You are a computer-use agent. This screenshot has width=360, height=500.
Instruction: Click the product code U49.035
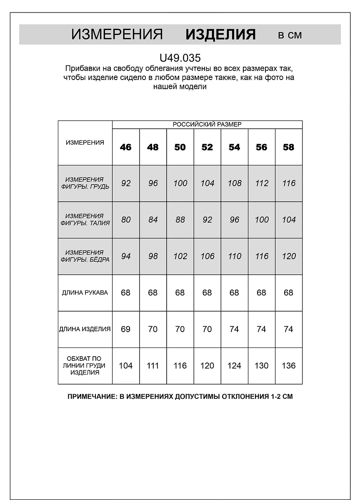coord(180,57)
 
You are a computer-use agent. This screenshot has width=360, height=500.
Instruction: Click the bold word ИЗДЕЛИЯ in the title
coord(220,35)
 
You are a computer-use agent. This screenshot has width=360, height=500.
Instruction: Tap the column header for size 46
coord(126,147)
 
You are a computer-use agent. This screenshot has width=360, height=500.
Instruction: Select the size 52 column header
coord(207,147)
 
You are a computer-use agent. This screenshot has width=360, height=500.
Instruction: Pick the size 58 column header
coord(288,147)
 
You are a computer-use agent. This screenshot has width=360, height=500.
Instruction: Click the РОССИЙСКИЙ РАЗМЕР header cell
coord(207,124)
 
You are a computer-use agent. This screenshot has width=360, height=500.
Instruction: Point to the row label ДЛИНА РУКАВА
coord(85,292)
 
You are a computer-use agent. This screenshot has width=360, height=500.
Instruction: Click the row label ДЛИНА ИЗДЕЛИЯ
coord(85,329)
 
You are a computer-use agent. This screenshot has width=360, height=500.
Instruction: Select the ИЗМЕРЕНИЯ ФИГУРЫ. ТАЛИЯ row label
coord(85,219)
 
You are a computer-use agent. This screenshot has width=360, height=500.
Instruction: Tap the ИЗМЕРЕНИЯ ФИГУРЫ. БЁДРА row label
coord(85,256)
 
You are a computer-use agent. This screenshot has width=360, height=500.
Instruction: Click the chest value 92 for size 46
coord(126,183)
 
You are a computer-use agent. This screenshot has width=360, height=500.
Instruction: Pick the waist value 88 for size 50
coord(180,220)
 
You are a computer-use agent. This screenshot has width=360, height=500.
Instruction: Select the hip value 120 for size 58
coord(288,256)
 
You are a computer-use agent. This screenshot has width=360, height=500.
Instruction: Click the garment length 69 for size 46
coord(126,329)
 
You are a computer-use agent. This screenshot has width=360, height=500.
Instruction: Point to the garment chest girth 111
coord(153,365)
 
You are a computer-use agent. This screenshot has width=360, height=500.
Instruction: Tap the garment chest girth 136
coord(288,365)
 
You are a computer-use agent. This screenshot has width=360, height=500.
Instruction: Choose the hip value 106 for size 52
coord(207,256)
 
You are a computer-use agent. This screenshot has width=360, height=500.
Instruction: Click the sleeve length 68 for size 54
coord(234,292)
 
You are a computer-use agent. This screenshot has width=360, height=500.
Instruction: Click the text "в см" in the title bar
coord(290,35)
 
